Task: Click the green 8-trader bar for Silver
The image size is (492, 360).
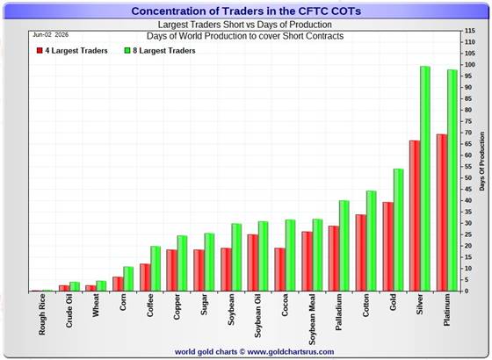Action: pyautogui.click(x=425, y=178)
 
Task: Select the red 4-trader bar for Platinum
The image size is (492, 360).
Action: pyautogui.click(x=441, y=212)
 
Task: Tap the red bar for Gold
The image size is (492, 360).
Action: pyautogui.click(x=387, y=247)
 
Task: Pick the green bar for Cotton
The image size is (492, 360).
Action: pyautogui.click(x=371, y=241)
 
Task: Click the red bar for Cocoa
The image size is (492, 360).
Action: pyautogui.click(x=279, y=270)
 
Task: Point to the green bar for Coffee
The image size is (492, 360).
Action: pyautogui.click(x=156, y=269)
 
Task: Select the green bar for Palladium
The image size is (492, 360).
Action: pyautogui.click(x=344, y=246)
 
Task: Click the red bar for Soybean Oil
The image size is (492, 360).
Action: pyautogui.click(x=253, y=263)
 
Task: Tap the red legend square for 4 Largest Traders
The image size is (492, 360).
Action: pyautogui.click(x=40, y=51)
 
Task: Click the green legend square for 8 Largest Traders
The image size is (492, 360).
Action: pyautogui.click(x=127, y=51)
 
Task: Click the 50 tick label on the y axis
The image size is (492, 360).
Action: pyautogui.click(x=468, y=177)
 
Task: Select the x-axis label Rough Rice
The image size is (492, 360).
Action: pyautogui.click(x=42, y=314)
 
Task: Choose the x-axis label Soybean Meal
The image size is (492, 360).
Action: pyautogui.click(x=312, y=320)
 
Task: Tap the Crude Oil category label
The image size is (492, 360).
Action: pyautogui.click(x=69, y=311)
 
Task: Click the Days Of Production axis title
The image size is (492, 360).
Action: pyautogui.click(x=482, y=162)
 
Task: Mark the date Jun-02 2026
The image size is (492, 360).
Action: pyautogui.click(x=51, y=35)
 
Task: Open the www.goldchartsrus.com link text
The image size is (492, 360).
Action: pyautogui.click(x=291, y=352)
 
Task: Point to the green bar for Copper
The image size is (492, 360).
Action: pyautogui.click(x=183, y=263)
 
